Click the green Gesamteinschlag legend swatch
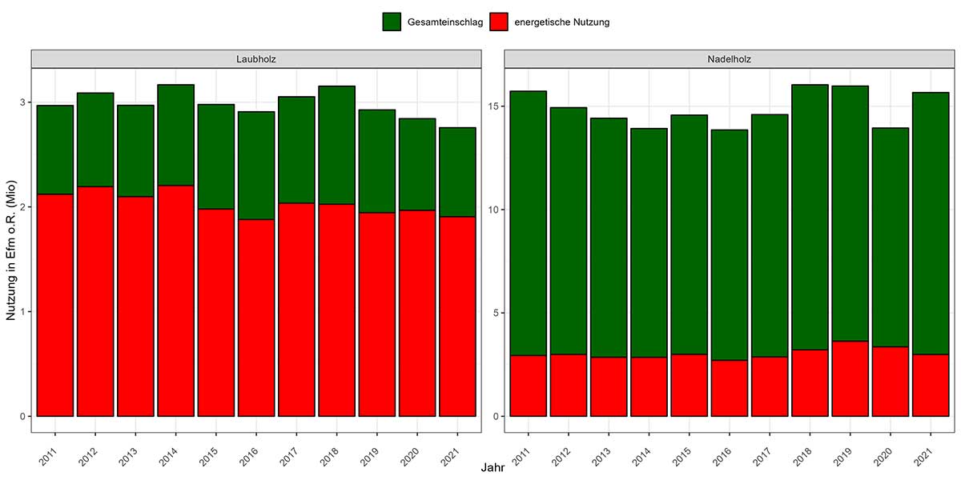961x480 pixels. (x=391, y=22)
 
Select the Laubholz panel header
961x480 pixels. (x=256, y=58)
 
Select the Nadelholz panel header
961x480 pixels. (x=729, y=58)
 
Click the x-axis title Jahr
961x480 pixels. (x=493, y=469)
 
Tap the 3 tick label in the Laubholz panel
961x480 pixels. (x=22, y=102)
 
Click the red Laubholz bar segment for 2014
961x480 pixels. (x=175, y=301)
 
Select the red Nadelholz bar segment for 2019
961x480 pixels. (x=850, y=378)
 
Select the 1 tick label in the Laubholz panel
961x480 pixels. (x=22, y=312)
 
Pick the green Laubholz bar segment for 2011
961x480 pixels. (x=55, y=150)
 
